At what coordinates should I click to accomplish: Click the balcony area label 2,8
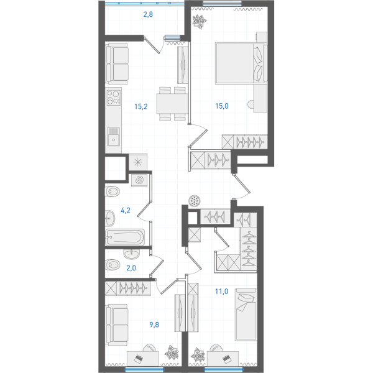(148, 14)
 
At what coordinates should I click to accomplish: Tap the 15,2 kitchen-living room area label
(141, 106)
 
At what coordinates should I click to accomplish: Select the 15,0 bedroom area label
(222, 106)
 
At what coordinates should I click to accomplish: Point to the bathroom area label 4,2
(126, 210)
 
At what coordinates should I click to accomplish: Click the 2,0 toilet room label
(131, 268)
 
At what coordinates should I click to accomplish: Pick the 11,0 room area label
(221, 291)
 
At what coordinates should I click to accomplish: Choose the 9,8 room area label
(154, 325)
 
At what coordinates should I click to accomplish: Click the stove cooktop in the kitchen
(114, 98)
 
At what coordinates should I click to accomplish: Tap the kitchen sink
(114, 137)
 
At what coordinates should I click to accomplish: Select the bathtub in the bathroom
(125, 237)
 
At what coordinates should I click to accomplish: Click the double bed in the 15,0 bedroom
(241, 63)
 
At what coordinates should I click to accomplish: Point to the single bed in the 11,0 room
(246, 315)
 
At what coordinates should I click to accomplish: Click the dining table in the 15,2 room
(172, 103)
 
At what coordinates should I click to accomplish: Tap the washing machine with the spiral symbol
(139, 180)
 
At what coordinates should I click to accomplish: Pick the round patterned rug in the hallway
(195, 201)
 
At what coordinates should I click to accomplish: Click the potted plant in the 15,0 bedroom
(200, 22)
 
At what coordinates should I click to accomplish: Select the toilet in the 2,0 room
(113, 264)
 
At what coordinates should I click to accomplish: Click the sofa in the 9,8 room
(117, 325)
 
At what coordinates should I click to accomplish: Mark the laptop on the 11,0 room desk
(226, 359)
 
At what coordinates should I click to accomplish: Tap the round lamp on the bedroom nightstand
(251, 104)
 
